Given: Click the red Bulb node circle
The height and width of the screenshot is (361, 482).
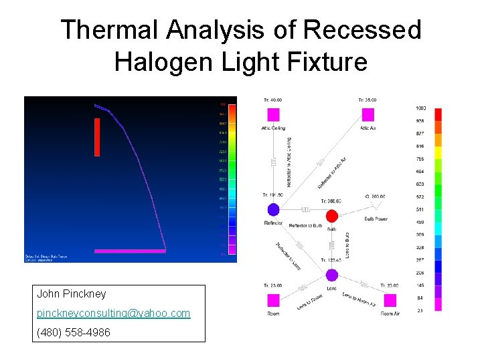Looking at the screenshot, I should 331,215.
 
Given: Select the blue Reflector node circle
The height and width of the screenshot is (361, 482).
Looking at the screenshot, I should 273,210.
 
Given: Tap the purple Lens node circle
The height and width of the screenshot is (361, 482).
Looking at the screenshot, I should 331,275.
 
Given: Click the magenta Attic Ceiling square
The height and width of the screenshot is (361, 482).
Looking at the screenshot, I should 273,114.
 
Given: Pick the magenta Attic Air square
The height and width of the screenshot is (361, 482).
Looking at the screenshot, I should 368,114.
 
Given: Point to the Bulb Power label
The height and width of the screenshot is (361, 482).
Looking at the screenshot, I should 376,219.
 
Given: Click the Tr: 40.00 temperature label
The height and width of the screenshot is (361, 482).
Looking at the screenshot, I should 272,100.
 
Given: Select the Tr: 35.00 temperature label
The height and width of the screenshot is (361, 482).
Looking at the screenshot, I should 367,100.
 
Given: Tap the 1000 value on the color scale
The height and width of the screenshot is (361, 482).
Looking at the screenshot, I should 420,108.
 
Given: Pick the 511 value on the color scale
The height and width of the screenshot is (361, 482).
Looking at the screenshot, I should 420,209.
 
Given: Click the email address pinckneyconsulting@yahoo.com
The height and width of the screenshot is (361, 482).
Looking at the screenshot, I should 114,313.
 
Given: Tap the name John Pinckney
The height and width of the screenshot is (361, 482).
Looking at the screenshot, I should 72,293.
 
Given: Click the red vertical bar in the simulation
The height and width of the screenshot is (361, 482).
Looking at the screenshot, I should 98,136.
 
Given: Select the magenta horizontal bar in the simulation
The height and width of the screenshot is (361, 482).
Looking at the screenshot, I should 130,251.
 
